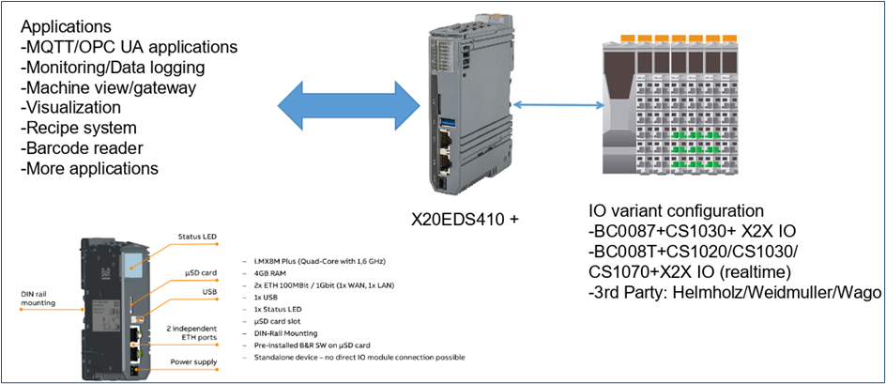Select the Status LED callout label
pos(197,237)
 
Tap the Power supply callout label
pos(193,361)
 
